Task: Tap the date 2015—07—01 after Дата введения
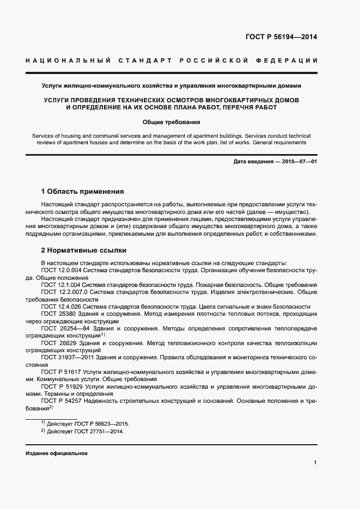298,162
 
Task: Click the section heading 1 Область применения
83,192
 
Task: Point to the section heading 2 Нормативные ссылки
84,250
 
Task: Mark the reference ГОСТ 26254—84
62,329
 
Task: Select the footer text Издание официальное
56,453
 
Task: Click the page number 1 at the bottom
315,462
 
